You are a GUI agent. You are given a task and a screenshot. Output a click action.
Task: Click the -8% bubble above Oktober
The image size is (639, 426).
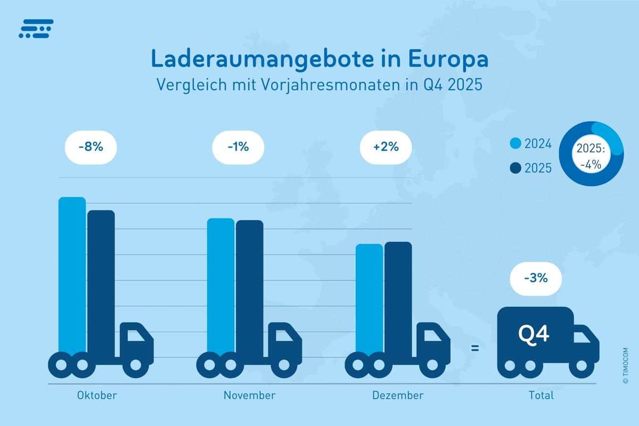click(x=90, y=147)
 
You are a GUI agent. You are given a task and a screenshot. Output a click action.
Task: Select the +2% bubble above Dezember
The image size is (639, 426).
click(x=386, y=147)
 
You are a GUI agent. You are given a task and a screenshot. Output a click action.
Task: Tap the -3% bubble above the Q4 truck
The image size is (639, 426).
click(x=535, y=277)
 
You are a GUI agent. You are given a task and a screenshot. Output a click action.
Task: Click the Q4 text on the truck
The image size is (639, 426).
click(x=534, y=334)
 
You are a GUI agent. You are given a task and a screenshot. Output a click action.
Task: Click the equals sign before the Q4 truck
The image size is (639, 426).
click(x=475, y=349)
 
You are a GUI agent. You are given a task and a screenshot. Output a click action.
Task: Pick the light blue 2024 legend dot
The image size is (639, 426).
click(x=515, y=144)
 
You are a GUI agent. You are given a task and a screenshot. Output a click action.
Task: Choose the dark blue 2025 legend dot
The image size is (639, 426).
click(x=515, y=168)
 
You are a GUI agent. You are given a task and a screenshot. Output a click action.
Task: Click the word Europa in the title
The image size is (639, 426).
click(x=448, y=59)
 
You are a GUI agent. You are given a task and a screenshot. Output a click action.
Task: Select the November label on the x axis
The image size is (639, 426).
click(x=249, y=395)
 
